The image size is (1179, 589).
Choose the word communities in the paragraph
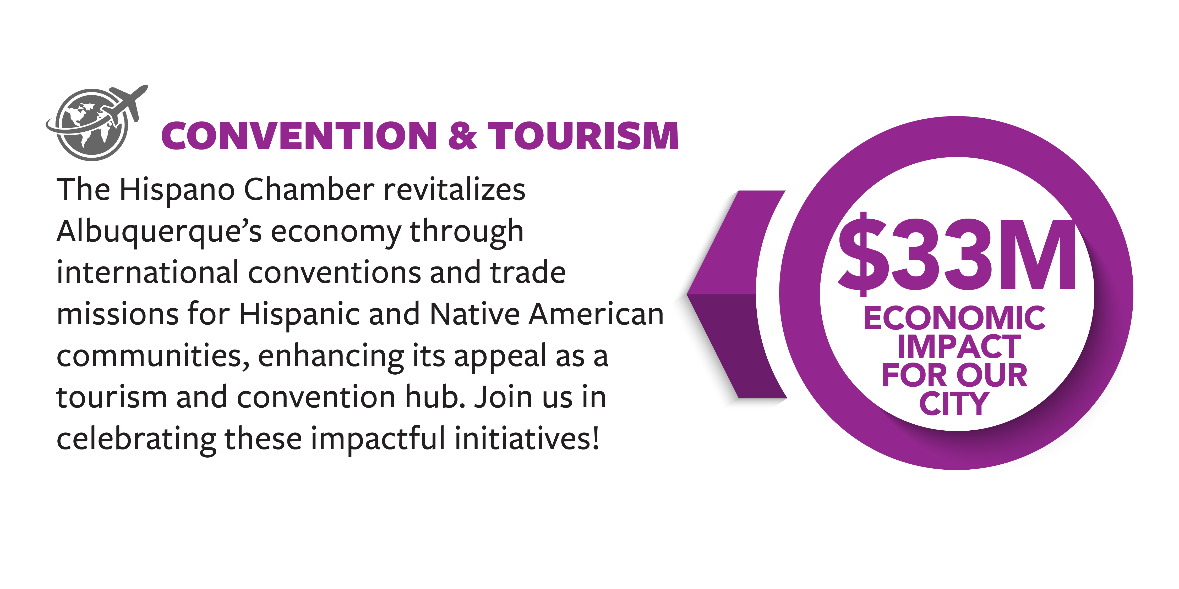coord(153,356)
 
